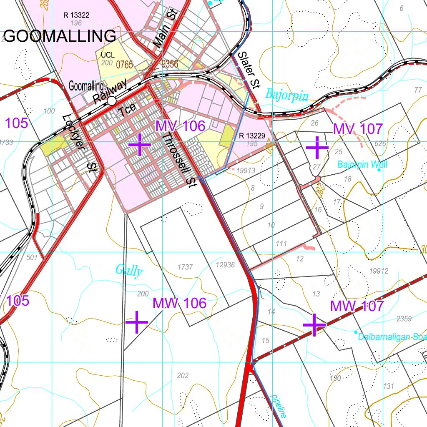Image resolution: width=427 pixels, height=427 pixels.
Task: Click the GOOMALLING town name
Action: tap(61, 36)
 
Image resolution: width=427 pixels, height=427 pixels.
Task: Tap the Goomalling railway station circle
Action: tap(112, 101)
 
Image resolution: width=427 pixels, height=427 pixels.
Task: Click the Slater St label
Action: tap(249, 70)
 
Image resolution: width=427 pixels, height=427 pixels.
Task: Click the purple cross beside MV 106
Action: tap(140, 144)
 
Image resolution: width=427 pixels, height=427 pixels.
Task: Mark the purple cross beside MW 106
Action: tap(137, 322)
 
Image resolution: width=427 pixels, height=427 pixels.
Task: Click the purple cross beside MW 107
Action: tap(314, 324)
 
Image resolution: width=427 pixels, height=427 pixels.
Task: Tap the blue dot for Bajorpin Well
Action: tap(379, 170)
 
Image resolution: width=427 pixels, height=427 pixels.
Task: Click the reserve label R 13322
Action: tap(76, 15)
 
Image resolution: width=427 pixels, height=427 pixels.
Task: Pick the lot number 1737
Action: tap(185, 267)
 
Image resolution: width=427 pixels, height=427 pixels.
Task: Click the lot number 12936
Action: tap(226, 265)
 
